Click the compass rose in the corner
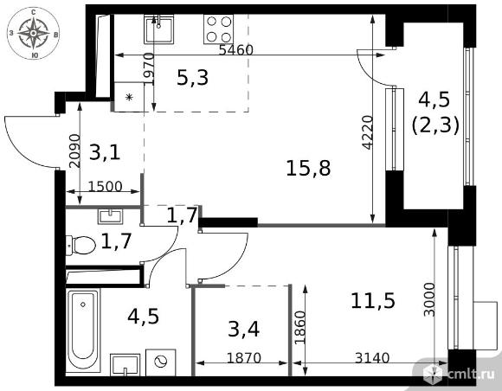[33, 33]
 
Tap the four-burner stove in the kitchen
[218, 29]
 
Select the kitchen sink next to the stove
[158, 29]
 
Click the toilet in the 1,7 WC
[80, 246]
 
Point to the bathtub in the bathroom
[82, 330]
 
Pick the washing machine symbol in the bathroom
[160, 362]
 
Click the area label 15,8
[308, 169]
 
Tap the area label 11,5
[373, 301]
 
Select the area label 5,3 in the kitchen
[192, 78]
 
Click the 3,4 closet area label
[243, 330]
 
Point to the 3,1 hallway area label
[105, 152]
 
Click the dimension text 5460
[236, 50]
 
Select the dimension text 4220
[368, 132]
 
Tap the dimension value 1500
[105, 187]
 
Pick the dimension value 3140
[372, 358]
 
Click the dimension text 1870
[244, 358]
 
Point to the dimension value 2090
[74, 151]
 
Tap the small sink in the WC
[110, 216]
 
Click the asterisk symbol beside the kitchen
[129, 97]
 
